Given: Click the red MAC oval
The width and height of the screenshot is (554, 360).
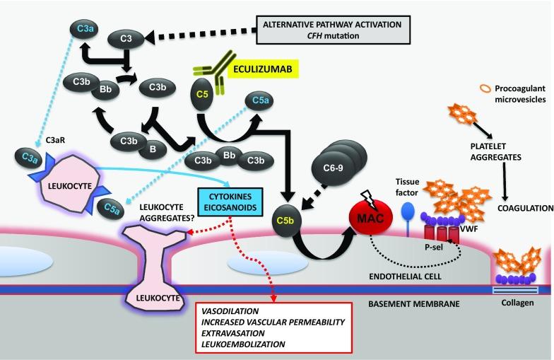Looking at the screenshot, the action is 370,218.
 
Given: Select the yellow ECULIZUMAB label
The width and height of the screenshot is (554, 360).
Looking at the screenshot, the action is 263,69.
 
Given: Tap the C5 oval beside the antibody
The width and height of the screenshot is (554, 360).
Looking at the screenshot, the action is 202,95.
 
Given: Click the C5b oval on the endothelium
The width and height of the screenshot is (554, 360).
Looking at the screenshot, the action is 285,221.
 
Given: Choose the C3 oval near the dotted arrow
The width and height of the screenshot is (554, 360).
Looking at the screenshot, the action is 126,38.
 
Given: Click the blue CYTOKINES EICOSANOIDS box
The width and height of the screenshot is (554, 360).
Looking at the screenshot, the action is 230,202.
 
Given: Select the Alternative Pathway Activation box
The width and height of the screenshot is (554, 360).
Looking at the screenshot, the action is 333,30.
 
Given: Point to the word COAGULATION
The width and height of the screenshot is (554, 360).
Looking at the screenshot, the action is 526,208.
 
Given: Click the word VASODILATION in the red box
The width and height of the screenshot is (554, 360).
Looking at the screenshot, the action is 230,311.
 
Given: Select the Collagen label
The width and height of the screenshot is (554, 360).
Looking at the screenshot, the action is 517,303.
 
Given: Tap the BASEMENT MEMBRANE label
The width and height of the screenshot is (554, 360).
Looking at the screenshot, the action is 414,304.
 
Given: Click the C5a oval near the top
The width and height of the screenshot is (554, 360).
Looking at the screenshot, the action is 260,100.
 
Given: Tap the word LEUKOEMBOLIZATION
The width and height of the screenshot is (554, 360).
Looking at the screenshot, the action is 243,344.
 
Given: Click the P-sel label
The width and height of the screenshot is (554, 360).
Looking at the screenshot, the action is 434,248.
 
